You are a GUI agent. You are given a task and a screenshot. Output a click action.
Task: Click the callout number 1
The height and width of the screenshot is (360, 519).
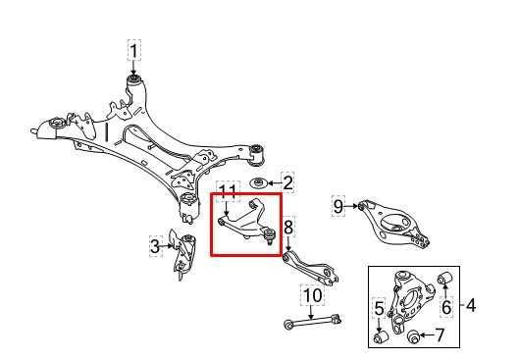point(133,48)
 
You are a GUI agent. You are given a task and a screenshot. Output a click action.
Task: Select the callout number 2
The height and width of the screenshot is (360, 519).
point(287,181)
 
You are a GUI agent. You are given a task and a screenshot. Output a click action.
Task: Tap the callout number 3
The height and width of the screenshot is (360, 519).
point(155,247)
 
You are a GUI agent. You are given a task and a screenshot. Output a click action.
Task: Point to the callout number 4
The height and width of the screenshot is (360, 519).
point(470,306)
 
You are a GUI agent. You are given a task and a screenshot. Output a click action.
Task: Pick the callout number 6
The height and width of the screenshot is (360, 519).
point(444,307)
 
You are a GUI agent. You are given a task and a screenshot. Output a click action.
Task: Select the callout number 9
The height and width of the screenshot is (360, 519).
point(338,206)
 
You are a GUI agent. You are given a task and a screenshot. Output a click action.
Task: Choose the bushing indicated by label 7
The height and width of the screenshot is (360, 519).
point(414,338)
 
